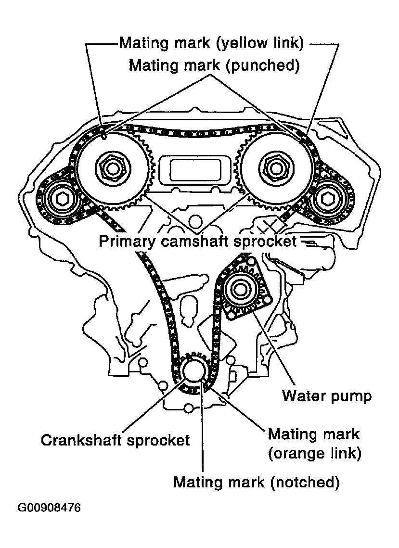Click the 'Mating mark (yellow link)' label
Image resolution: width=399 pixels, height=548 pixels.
pos(212,43)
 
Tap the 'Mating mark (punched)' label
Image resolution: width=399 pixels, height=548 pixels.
pos(214,65)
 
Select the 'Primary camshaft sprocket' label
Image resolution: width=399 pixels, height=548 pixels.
pos(198,241)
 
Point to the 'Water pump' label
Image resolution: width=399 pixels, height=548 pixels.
pos(327,396)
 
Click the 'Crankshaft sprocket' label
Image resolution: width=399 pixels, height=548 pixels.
pos(116,440)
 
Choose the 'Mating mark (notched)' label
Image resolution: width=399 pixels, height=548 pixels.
pos(257,482)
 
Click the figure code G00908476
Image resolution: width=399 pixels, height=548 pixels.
pos(49,508)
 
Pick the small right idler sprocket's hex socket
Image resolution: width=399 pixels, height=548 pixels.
pos(328,199)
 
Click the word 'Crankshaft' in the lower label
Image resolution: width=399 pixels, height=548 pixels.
pos(82,440)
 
